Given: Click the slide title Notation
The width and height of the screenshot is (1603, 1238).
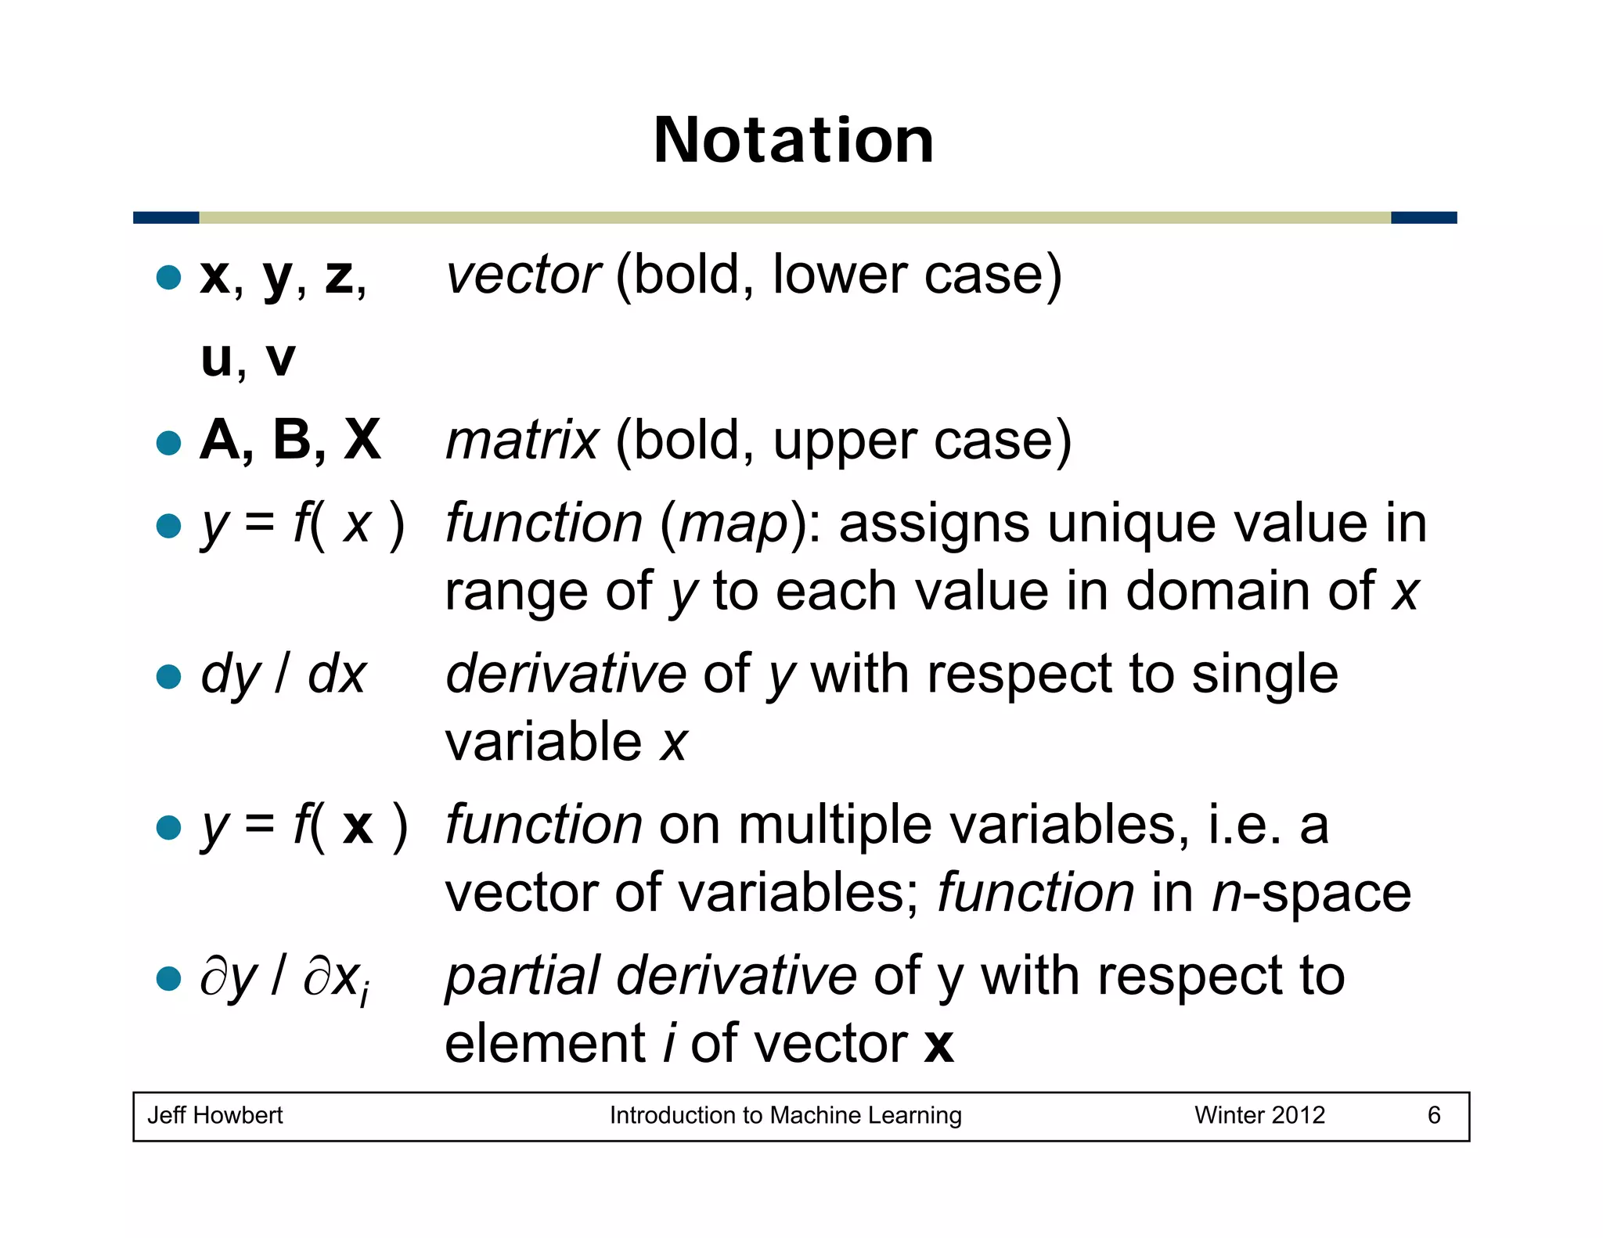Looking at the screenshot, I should pyautogui.click(x=794, y=140).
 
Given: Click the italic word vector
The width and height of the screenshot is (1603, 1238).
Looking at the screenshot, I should pyautogui.click(x=523, y=275).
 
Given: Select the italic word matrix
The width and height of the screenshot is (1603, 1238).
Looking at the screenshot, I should pyautogui.click(x=522, y=441).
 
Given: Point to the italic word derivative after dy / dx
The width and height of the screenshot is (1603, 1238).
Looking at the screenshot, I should pyautogui.click(x=566, y=674).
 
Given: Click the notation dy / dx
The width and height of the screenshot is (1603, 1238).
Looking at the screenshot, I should pyautogui.click(x=283, y=675).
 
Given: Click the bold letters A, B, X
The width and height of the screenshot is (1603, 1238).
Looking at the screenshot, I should pyautogui.click(x=290, y=440).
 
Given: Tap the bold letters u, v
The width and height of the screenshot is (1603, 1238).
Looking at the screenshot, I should pyautogui.click(x=248, y=359).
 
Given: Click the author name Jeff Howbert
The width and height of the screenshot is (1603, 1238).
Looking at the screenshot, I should pyautogui.click(x=215, y=1115).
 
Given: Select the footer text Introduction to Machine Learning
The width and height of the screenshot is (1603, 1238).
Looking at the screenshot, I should pyautogui.click(x=785, y=1115).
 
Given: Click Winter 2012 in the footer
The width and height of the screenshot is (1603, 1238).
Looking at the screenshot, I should pyautogui.click(x=1259, y=1115).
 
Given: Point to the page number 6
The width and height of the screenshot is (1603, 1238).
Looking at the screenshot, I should pyautogui.click(x=1434, y=1115).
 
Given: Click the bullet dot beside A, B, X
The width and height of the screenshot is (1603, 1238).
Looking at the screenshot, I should pyautogui.click(x=168, y=443).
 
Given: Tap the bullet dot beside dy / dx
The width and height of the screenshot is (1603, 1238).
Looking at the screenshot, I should pyautogui.click(x=168, y=676).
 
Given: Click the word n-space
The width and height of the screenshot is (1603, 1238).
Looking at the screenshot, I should pyautogui.click(x=1311, y=893).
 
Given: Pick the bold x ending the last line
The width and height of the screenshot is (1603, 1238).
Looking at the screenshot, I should pyautogui.click(x=938, y=1045).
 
